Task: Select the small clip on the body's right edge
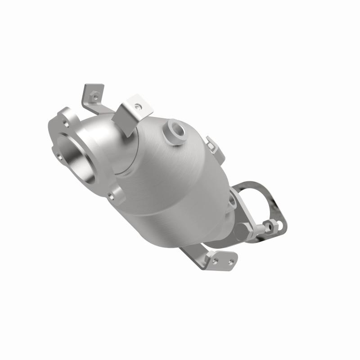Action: tap(210, 143)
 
